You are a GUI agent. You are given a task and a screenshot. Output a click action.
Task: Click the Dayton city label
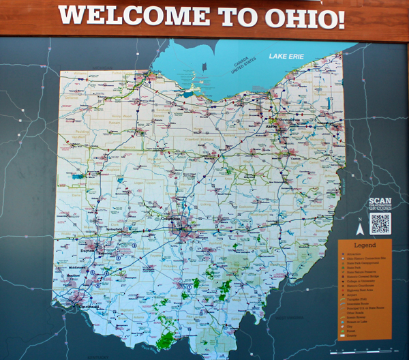click(x=87, y=250)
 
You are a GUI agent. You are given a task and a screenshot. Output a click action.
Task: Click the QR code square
click(x=381, y=222)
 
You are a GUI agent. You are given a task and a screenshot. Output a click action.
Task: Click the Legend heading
click(x=365, y=245)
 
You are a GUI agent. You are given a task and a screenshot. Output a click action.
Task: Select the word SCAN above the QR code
click(x=380, y=201)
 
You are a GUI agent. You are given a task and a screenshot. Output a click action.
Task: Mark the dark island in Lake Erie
click(x=203, y=67)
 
